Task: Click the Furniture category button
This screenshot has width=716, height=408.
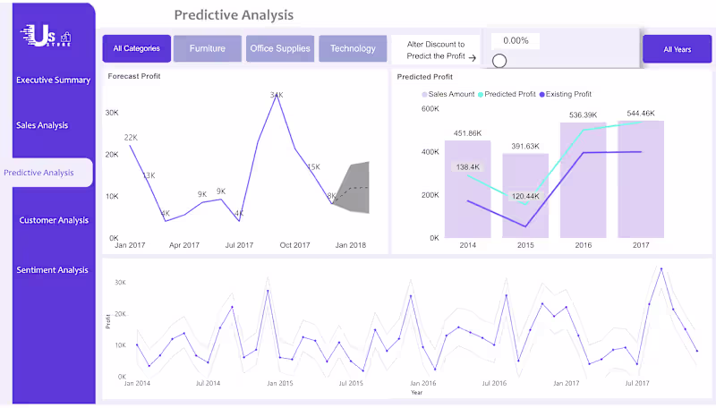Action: pyautogui.click(x=207, y=48)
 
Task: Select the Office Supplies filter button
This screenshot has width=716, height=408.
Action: pyautogui.click(x=279, y=48)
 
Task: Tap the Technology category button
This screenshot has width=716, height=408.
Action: pyautogui.click(x=353, y=48)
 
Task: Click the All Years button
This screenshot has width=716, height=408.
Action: pyautogui.click(x=677, y=49)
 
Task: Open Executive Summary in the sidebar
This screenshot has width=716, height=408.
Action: pyautogui.click(x=53, y=80)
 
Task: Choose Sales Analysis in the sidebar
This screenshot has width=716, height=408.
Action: pyautogui.click(x=42, y=125)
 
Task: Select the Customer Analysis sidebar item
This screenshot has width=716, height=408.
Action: pyautogui.click(x=54, y=220)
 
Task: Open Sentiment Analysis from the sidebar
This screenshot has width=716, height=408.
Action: pyautogui.click(x=53, y=270)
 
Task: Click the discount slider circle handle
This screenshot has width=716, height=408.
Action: pyautogui.click(x=499, y=61)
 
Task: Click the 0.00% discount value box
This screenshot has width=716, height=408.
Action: pyautogui.click(x=516, y=41)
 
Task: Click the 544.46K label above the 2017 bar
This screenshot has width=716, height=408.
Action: pyautogui.click(x=641, y=114)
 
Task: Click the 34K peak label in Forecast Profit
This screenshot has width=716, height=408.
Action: pyautogui.click(x=277, y=95)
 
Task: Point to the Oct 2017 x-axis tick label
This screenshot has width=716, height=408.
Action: pyautogui.click(x=294, y=244)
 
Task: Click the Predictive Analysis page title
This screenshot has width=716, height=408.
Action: pyautogui.click(x=233, y=15)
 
